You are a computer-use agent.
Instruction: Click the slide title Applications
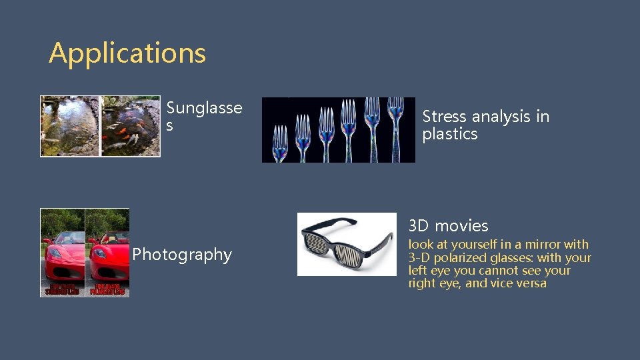(x=127, y=53)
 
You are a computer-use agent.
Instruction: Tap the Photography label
(x=181, y=255)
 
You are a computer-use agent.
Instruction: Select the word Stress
(x=444, y=117)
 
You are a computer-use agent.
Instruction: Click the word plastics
(x=449, y=134)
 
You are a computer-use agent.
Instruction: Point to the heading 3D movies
(x=448, y=226)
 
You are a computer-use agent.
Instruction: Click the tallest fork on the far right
(x=395, y=127)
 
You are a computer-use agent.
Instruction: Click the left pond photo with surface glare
(x=69, y=126)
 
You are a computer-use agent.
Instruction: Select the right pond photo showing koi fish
(x=130, y=126)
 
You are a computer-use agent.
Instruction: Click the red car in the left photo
(x=63, y=257)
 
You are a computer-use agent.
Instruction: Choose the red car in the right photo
(x=109, y=257)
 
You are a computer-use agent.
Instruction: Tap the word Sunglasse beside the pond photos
(x=204, y=108)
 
